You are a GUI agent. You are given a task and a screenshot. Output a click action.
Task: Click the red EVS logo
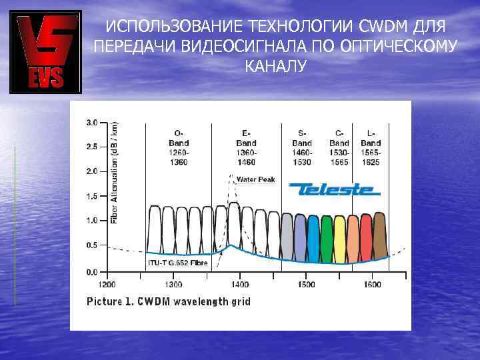(45, 52)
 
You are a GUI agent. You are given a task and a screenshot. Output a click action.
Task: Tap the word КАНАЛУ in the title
(275, 67)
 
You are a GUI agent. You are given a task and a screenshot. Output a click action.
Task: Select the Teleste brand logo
(334, 189)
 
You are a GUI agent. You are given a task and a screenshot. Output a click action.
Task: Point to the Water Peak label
(256, 179)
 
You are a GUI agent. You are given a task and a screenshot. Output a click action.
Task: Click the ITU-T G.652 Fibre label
(177, 263)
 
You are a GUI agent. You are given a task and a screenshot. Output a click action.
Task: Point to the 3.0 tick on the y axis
(92, 123)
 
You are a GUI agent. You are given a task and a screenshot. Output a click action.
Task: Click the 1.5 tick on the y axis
(92, 196)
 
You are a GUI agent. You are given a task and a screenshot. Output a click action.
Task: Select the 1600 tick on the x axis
(372, 285)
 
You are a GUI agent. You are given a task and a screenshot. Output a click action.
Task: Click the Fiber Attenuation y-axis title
(113, 172)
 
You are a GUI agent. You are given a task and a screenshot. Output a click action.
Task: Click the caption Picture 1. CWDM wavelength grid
(169, 301)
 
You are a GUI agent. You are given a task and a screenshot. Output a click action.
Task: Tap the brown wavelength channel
(380, 235)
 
